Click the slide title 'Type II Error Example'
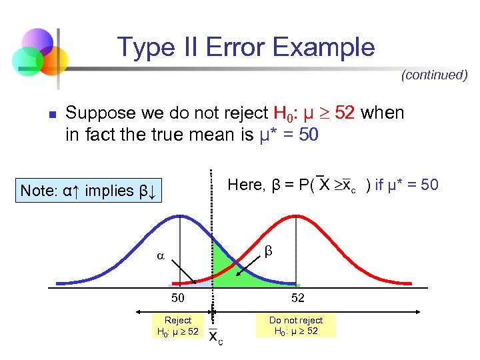pos(246,47)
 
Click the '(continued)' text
pos(434,75)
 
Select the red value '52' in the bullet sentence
pos(345,113)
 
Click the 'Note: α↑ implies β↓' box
pos(88,190)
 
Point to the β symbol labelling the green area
pos(269,251)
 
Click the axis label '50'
pos(177,298)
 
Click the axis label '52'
pos(297,298)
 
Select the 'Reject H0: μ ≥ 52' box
pos(177,326)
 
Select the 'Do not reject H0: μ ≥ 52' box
pos(295,326)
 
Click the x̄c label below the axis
pos(215,336)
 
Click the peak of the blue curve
pos(178,217)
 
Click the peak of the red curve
pos(297,217)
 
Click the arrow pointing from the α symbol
pos(182,272)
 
